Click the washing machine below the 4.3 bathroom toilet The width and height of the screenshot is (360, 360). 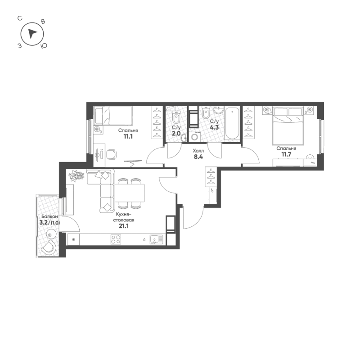(x=195, y=137)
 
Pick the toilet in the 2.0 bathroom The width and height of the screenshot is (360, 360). (x=176, y=118)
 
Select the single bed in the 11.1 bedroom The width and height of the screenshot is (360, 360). (x=114, y=117)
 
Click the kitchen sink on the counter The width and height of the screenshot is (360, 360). (x=156, y=239)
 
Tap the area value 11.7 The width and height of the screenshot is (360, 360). (x=287, y=155)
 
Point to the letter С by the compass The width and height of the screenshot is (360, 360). (x=19, y=18)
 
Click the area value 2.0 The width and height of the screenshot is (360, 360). (x=176, y=134)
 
